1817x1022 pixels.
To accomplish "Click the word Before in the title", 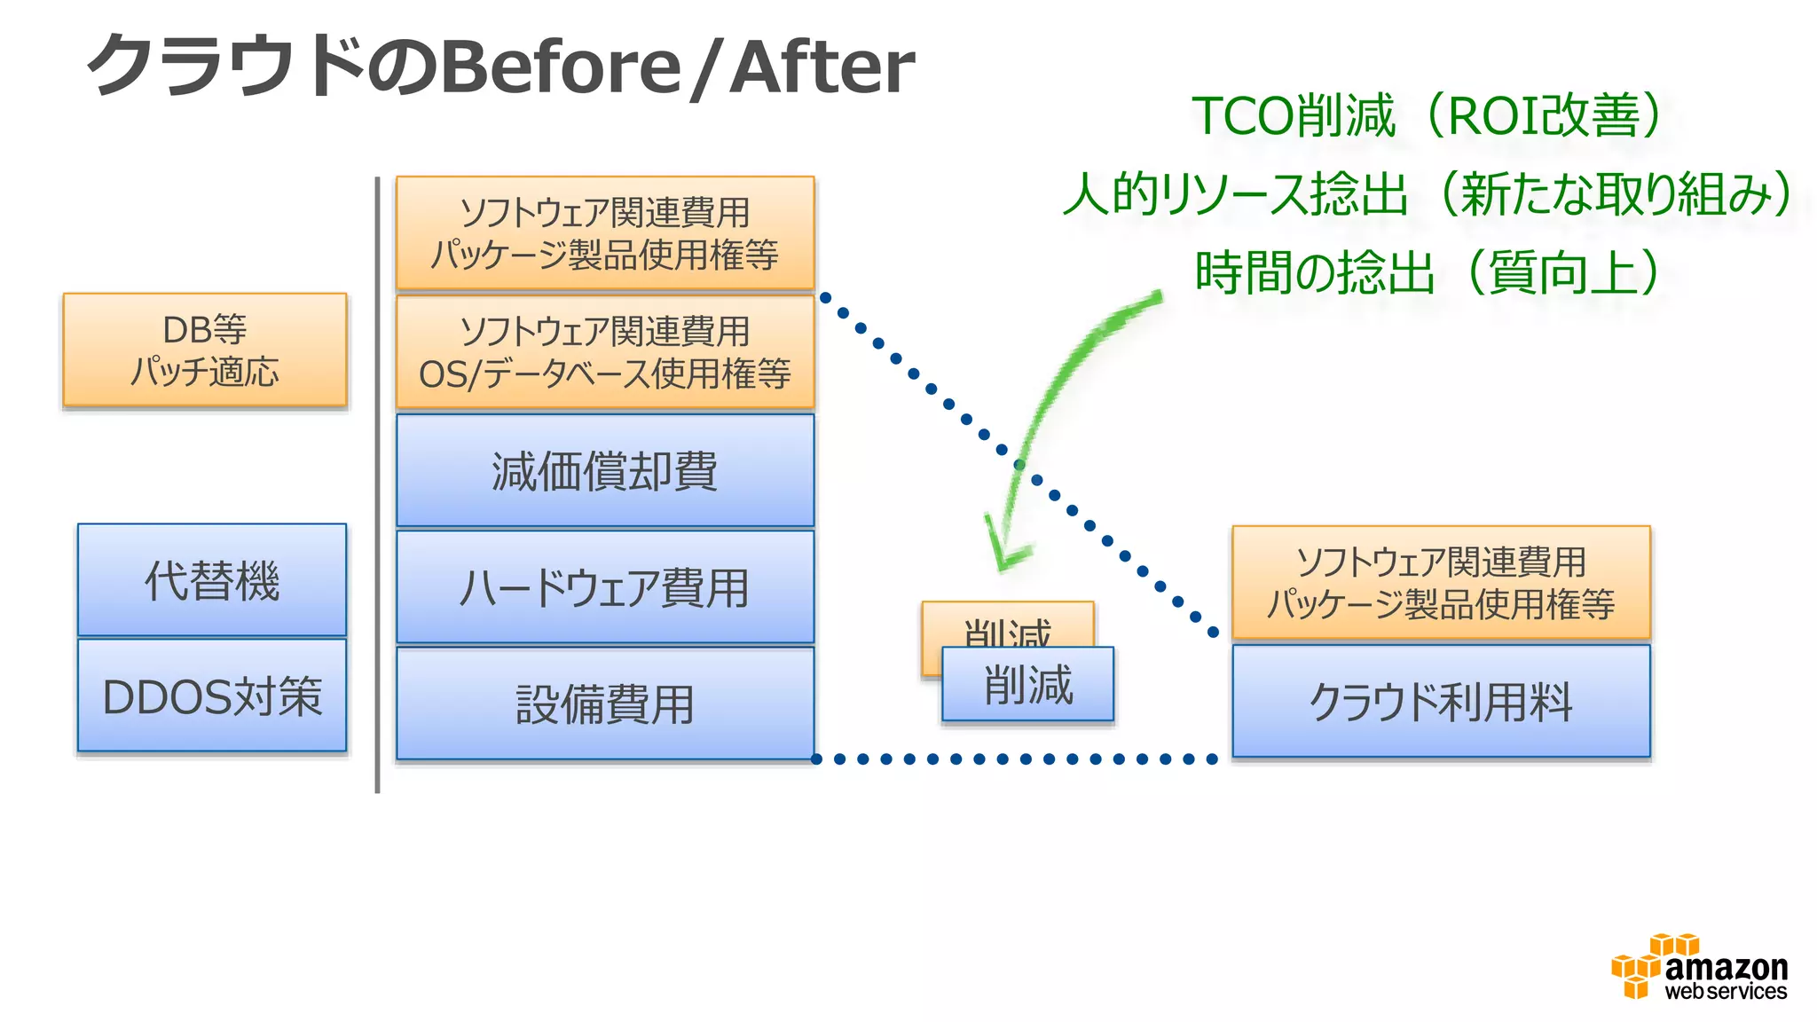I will [561, 67].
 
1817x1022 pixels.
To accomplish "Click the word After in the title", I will [822, 67].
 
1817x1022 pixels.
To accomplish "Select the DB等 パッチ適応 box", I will [205, 350].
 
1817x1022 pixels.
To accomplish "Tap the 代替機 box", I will [212, 580].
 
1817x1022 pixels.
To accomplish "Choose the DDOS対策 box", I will [212, 696].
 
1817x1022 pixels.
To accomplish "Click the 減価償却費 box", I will [605, 471].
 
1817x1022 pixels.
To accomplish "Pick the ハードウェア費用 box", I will [605, 587].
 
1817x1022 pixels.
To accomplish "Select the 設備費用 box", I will [605, 704].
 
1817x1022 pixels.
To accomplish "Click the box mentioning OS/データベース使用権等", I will [605, 353].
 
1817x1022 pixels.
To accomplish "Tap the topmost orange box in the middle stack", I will [605, 233].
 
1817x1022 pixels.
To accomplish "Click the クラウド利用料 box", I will [1441, 702].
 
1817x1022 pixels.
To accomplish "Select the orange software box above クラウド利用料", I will [1441, 583].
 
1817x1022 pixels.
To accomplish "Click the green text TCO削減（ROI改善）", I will [1427, 116].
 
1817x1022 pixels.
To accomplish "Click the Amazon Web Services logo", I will [1699, 969].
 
